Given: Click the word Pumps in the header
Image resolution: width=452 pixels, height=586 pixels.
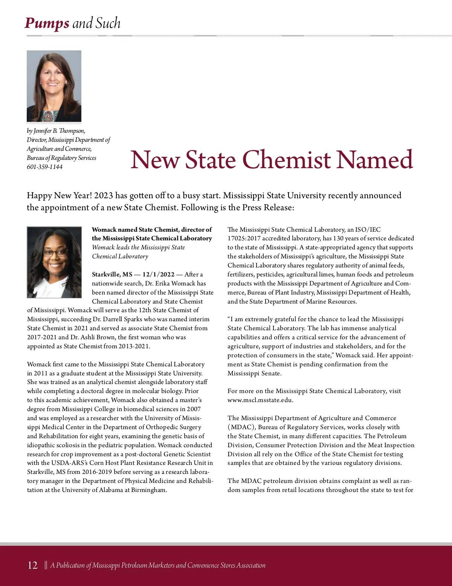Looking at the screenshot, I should (47, 23).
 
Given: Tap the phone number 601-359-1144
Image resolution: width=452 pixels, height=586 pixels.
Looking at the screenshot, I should (44, 167).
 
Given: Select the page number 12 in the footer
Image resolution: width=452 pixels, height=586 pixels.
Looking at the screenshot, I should (33, 565).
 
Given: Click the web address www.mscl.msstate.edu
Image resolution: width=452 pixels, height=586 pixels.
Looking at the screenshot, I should (260, 400).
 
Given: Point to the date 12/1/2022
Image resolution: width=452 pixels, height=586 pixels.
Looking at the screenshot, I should (158, 274).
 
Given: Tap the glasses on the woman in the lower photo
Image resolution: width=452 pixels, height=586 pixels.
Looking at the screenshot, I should (54, 252).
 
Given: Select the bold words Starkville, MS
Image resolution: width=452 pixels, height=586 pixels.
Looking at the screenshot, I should (112, 274).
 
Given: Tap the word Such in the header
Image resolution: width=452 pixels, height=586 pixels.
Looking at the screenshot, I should (108, 23).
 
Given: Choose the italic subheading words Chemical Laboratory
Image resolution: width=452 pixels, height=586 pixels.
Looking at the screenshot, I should (120, 256).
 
